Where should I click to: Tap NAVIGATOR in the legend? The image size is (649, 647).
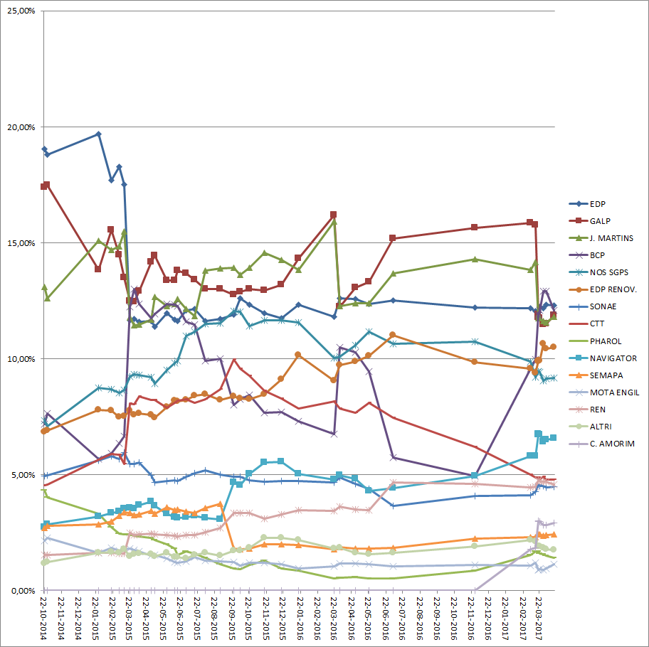click(613, 358)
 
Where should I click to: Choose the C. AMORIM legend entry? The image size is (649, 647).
click(613, 444)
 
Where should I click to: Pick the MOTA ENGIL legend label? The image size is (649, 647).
click(614, 392)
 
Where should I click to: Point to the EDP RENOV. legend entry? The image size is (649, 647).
click(613, 289)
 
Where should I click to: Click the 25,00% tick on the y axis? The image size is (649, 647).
click(21, 11)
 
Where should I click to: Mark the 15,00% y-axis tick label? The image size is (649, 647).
click(21, 243)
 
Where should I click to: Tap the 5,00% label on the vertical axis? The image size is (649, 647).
click(23, 474)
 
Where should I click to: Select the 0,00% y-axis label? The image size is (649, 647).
click(23, 590)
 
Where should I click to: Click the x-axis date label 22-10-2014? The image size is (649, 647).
click(45, 618)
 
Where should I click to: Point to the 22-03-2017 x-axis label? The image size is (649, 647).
click(538, 618)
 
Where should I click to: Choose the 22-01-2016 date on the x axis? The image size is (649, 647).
click(299, 618)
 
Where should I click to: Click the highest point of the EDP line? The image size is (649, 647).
click(98, 134)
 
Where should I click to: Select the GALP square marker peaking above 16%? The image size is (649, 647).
click(333, 215)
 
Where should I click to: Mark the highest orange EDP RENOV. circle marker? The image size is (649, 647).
click(393, 335)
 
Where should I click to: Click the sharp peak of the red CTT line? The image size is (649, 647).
click(235, 359)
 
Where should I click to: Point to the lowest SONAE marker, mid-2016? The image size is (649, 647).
click(393, 506)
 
